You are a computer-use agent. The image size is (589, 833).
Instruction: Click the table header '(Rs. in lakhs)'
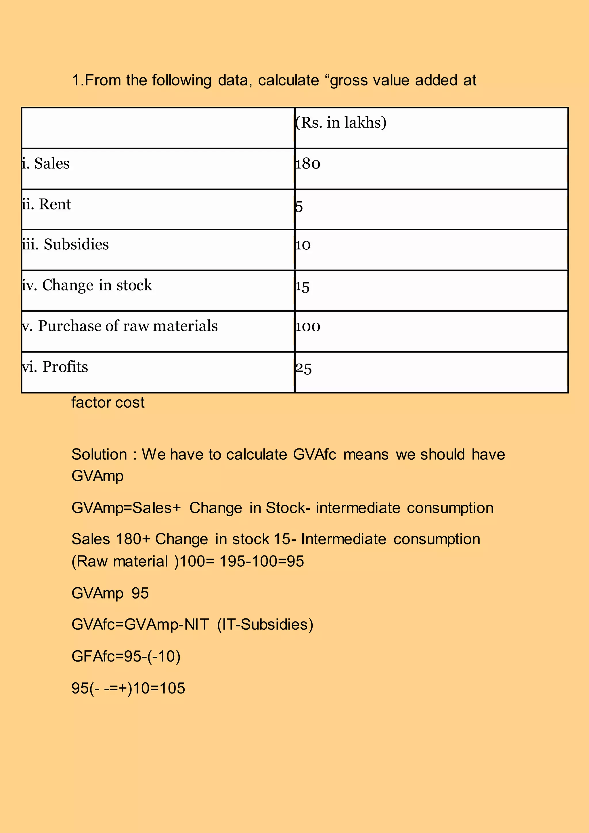[x=341, y=123]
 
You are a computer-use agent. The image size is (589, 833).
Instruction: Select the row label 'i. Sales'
[x=46, y=164]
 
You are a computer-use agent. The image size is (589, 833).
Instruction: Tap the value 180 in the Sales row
[x=307, y=164]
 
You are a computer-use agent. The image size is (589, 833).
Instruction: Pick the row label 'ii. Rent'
[x=46, y=204]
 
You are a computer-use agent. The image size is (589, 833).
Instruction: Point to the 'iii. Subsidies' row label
[x=65, y=244]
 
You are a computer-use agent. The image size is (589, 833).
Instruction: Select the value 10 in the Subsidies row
[x=303, y=245]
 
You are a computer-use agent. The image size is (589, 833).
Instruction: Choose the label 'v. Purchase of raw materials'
[x=120, y=326]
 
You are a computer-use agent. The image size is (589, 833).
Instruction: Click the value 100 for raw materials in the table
[x=307, y=326]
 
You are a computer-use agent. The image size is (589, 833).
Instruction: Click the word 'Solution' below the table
[x=99, y=454]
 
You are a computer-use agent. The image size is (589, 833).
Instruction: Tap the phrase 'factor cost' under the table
[x=108, y=403]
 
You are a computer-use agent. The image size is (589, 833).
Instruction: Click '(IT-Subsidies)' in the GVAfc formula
[x=265, y=625]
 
